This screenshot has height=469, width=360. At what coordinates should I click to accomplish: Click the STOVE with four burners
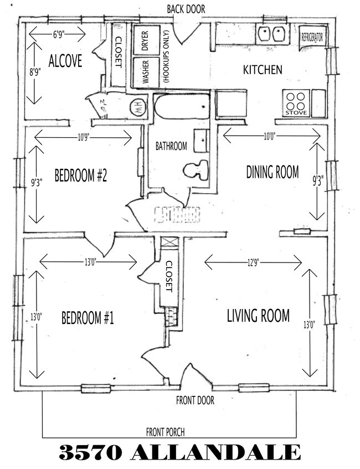coord(296,104)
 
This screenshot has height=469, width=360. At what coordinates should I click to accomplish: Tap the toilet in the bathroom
coord(196,169)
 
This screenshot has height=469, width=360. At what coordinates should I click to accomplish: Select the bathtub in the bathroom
coord(182,106)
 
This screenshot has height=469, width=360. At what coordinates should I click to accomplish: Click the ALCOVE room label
coord(65,61)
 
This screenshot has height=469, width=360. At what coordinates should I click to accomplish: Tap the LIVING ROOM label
coord(258,316)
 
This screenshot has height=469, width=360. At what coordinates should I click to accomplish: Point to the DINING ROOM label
coord(272,172)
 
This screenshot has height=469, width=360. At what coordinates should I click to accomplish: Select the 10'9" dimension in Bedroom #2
coord(83,136)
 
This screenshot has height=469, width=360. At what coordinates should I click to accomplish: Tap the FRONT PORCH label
coord(165,432)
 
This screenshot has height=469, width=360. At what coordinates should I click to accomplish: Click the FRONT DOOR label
coord(195,400)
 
